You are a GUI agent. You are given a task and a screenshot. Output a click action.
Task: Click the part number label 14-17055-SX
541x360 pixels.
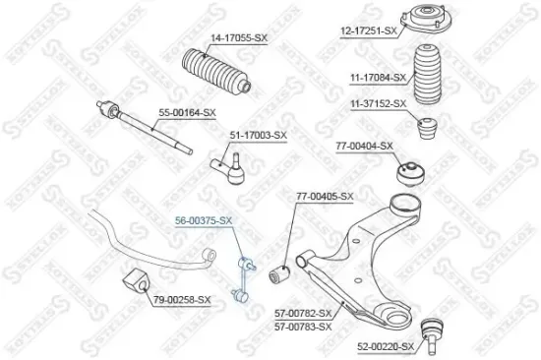click(x=238, y=37)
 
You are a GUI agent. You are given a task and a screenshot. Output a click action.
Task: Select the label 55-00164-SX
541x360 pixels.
click(x=186, y=113)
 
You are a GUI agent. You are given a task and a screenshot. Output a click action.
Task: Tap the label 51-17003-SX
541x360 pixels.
click(x=258, y=135)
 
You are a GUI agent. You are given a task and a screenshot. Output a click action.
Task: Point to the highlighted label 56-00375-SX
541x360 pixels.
click(x=204, y=220)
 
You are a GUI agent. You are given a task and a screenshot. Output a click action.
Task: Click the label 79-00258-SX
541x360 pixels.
click(x=181, y=299)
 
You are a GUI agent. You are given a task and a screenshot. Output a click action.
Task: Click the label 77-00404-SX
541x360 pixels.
click(x=364, y=146)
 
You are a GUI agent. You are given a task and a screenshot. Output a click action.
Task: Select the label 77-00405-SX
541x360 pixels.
click(x=326, y=197)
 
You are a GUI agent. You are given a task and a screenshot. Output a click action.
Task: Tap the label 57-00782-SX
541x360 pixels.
click(x=302, y=313)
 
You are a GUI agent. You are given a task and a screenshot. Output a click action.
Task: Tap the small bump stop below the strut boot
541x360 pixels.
click(x=430, y=128)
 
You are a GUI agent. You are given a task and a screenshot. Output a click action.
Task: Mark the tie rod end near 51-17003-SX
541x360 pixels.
click(x=226, y=162)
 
